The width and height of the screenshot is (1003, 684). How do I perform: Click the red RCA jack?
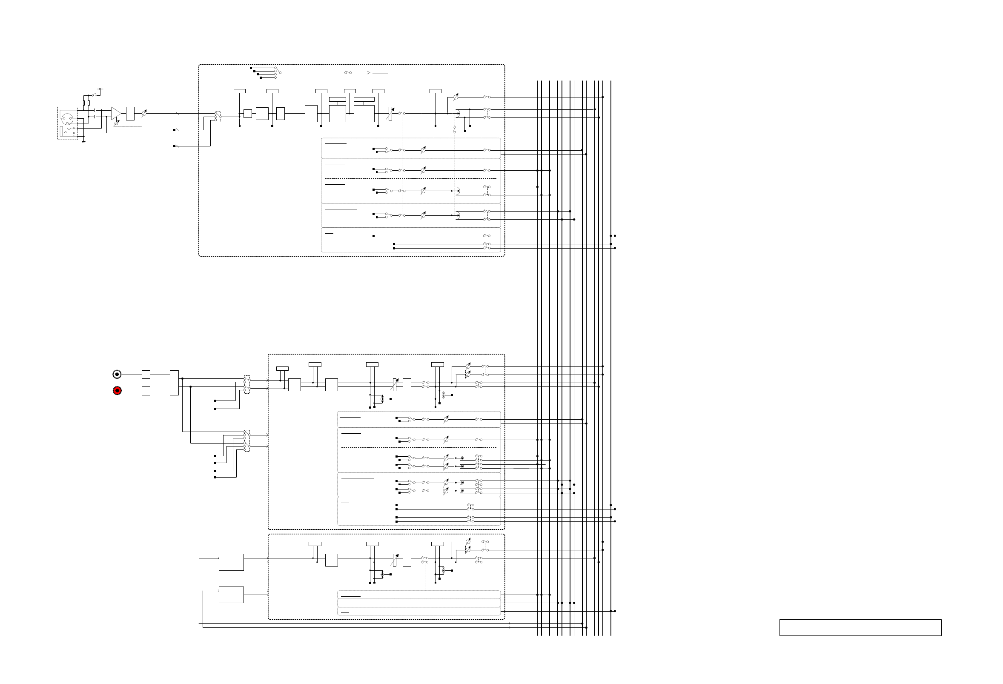[117, 391]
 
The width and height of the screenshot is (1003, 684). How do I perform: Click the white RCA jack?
[117, 374]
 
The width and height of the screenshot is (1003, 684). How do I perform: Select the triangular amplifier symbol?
[116, 113]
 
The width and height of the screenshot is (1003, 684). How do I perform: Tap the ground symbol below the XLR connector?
[83, 141]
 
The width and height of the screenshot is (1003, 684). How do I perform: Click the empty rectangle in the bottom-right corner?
[860, 627]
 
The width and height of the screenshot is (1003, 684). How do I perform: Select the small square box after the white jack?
[146, 374]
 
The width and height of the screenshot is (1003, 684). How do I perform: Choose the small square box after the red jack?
[146, 391]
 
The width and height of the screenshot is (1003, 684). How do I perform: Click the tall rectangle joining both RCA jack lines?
[175, 382]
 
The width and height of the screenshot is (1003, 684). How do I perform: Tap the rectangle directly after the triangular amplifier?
[130, 113]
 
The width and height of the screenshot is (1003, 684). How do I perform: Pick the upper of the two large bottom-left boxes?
[231, 562]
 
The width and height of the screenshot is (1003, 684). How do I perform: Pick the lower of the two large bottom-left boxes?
[231, 595]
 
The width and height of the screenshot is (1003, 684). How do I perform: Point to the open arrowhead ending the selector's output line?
[369, 73]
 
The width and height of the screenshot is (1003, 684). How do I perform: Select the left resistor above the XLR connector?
[84, 103]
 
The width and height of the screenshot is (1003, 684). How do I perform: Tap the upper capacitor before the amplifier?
[95, 110]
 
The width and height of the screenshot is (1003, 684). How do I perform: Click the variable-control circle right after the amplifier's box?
[144, 113]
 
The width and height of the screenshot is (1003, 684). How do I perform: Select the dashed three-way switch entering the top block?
[218, 116]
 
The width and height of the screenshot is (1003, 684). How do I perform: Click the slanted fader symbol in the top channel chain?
[390, 114]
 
